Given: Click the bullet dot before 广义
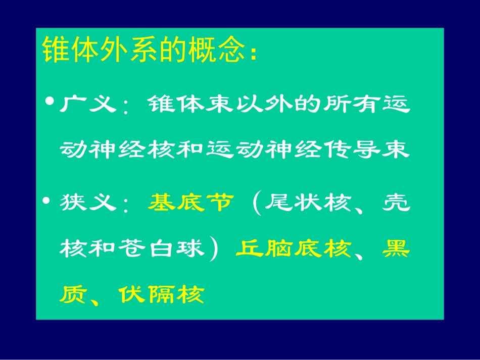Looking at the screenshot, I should click(50, 101).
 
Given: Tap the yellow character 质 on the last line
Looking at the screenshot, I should click(72, 294).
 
